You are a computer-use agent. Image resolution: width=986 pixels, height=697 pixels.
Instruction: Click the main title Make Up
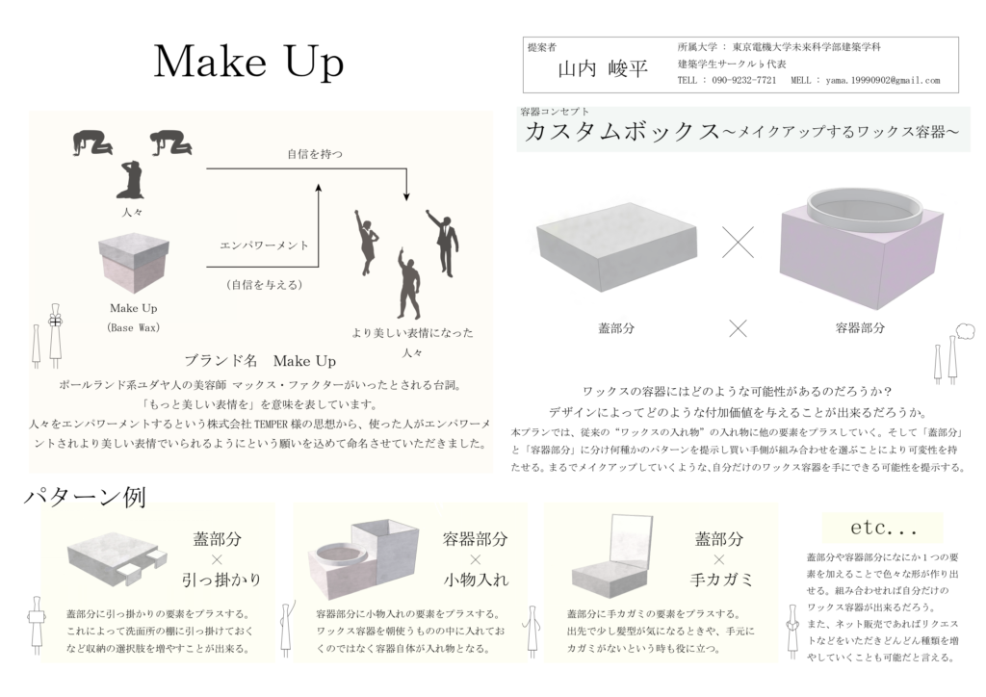(249, 63)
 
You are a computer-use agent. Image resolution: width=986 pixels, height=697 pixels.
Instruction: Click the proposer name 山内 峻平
(603, 68)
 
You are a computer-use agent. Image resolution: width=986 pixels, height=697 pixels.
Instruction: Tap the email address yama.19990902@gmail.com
(882, 81)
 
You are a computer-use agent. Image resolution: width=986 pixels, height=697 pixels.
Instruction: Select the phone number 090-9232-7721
(744, 81)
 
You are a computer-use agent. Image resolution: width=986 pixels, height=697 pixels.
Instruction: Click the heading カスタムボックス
(622, 131)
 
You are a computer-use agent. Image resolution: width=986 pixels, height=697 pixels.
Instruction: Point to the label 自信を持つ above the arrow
(315, 154)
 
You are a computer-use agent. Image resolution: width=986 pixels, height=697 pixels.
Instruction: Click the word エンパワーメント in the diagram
(264, 245)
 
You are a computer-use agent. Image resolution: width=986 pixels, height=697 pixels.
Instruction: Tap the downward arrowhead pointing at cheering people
(407, 195)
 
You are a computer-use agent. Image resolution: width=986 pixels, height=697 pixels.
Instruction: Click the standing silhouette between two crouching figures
(130, 179)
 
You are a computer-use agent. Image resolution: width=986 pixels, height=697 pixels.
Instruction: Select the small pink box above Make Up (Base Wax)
(134, 263)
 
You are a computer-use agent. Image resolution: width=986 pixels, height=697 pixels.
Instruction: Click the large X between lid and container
(738, 242)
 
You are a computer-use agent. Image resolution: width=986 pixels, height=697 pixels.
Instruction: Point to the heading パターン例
(85, 497)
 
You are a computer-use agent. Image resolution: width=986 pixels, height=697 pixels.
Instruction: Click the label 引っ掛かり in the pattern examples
(221, 580)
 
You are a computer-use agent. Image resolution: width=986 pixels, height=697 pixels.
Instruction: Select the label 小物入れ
(476, 580)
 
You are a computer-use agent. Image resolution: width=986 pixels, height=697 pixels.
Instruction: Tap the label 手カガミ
(720, 580)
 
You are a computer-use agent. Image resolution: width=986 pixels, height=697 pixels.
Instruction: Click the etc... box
(882, 528)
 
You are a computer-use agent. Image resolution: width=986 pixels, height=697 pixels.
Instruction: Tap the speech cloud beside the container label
(965, 330)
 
